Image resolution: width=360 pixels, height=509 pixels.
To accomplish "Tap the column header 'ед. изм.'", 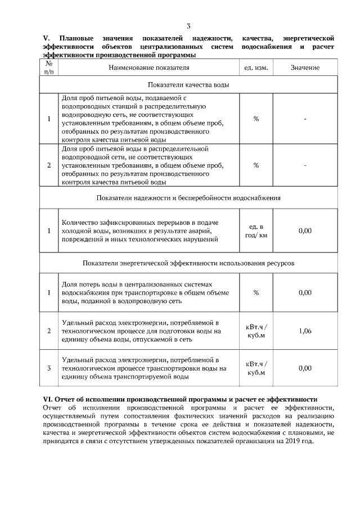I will click(x=256, y=67).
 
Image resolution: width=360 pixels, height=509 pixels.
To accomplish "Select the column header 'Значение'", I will click(x=305, y=67).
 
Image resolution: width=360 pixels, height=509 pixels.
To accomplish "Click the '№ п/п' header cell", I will click(x=49, y=67).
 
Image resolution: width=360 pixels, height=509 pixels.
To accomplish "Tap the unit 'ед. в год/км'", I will click(x=256, y=231).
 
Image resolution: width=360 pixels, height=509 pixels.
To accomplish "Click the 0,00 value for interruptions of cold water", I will click(x=305, y=231).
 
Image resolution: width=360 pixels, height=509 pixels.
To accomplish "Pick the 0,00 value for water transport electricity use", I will click(x=305, y=368).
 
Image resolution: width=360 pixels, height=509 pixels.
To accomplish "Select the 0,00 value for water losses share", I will click(x=305, y=292).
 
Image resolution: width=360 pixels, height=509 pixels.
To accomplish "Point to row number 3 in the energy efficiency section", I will click(x=49, y=368).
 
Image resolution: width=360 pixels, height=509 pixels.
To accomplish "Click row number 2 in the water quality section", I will click(x=49, y=165).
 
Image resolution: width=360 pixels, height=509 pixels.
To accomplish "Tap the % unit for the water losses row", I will click(x=256, y=292).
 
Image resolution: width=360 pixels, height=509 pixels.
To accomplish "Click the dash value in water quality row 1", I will click(x=305, y=119).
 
